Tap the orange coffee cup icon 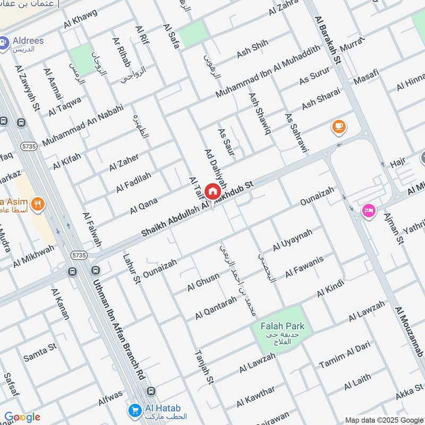(x=338, y=126)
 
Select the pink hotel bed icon (x=368, y=210)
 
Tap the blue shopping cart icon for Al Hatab (x=134, y=410)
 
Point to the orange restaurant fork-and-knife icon (x=37, y=202)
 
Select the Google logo (x=22, y=417)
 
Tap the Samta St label (x=40, y=353)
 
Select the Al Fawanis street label (x=304, y=267)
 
